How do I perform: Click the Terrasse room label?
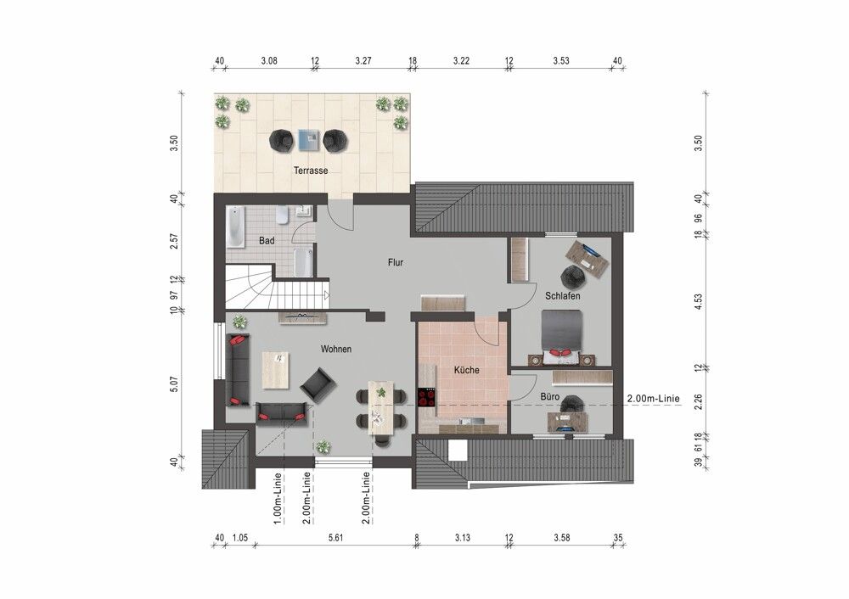point(311,171)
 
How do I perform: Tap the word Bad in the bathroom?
point(267,240)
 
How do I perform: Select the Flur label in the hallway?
point(396,262)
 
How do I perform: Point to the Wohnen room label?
point(335,349)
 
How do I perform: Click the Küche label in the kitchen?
point(466,370)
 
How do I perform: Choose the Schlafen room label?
point(563,296)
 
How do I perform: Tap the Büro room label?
point(549,396)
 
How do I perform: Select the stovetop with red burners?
point(427,398)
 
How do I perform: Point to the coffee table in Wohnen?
point(276,370)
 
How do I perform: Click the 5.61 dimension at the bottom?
point(335,538)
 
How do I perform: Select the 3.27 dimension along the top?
point(363,60)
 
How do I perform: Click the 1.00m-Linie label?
point(278,499)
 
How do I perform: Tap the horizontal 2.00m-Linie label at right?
point(653,399)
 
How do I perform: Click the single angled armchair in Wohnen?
point(318,386)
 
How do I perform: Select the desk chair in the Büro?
point(571,404)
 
